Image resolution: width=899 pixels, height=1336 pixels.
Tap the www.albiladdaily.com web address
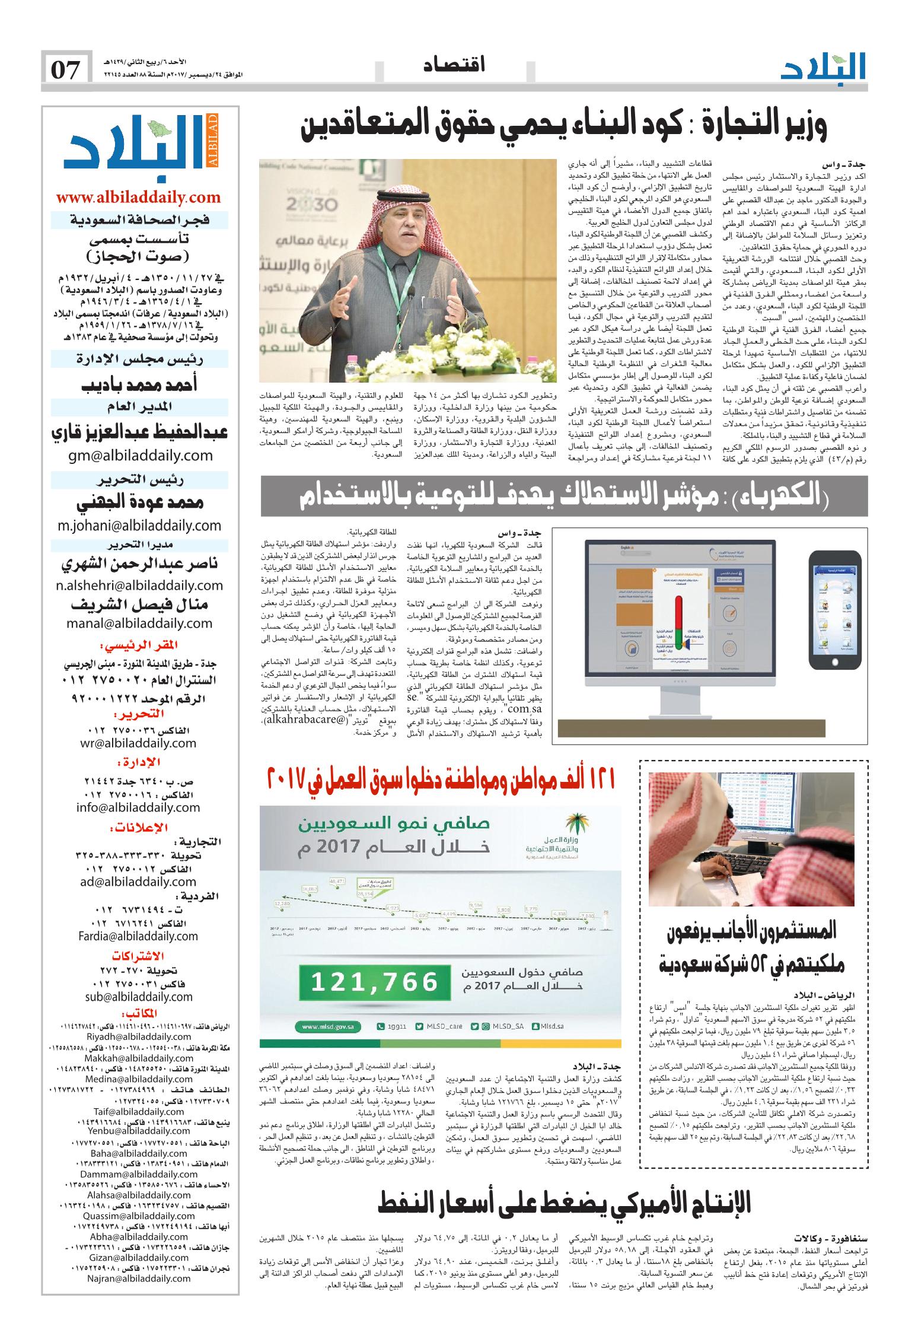point(139,198)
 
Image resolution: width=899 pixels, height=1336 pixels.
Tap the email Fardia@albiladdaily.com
point(138,936)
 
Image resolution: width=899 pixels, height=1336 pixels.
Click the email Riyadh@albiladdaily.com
point(139,1037)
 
